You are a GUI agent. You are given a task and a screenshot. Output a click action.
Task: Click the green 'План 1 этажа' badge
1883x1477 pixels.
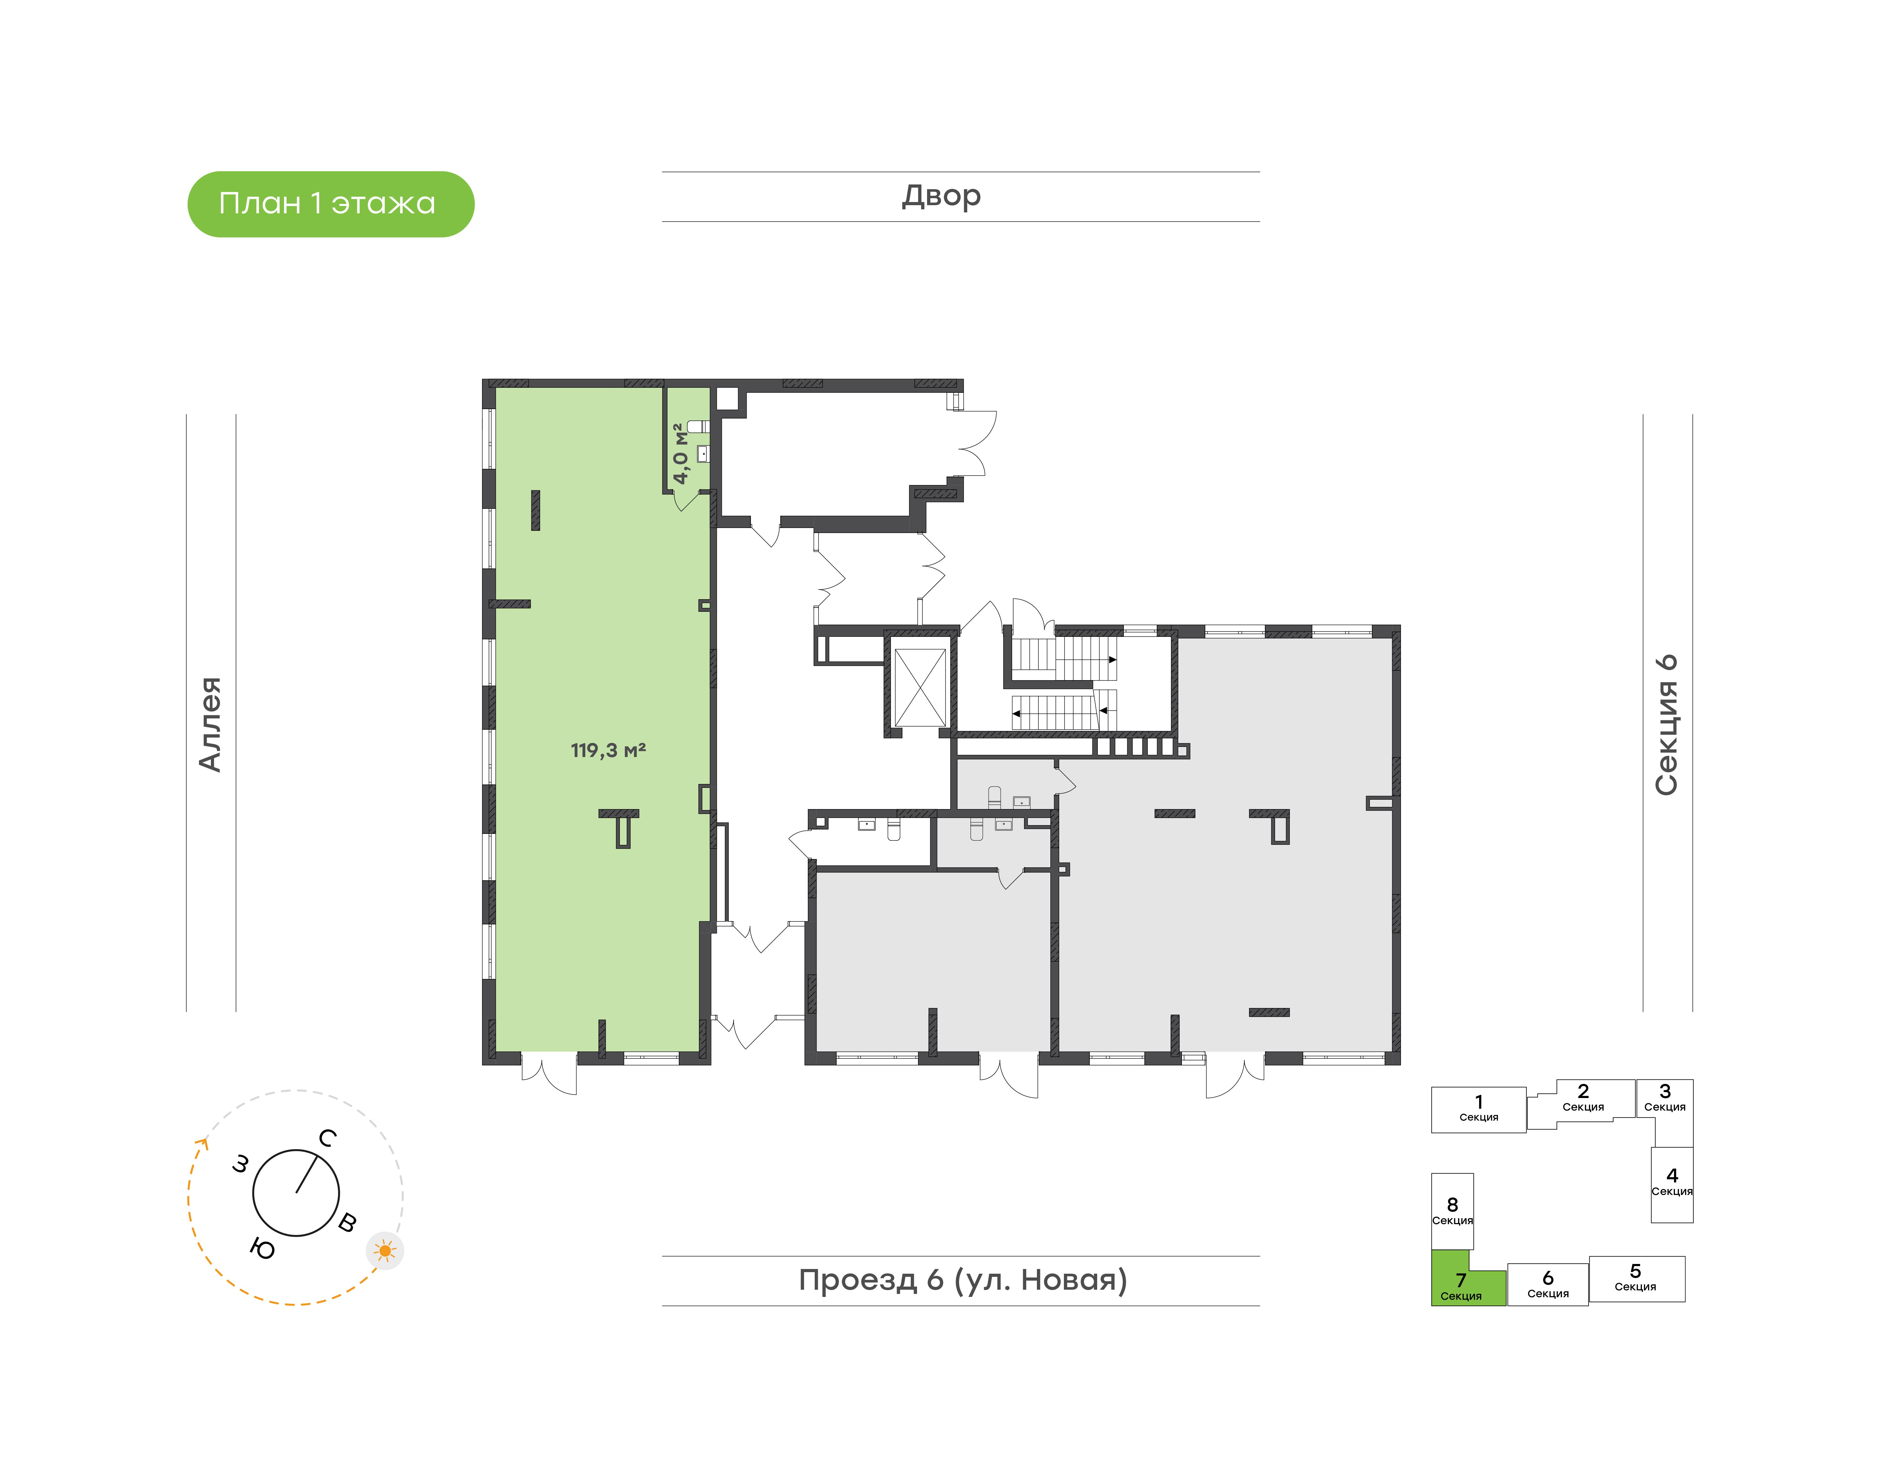point(330,204)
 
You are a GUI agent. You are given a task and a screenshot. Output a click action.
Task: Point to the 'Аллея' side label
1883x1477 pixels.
point(210,724)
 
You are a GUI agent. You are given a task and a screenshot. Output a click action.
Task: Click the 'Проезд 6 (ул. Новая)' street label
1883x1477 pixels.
point(963,1280)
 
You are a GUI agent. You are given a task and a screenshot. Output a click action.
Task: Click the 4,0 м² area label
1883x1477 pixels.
point(681,453)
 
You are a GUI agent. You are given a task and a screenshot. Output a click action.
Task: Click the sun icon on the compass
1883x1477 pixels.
point(385,1250)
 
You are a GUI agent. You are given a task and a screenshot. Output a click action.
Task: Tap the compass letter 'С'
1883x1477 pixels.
point(327,1138)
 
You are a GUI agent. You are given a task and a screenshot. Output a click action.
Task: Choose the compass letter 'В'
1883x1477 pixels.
point(347,1222)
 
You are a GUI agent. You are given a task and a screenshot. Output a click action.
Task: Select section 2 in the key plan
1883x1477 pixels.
point(1583,1100)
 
